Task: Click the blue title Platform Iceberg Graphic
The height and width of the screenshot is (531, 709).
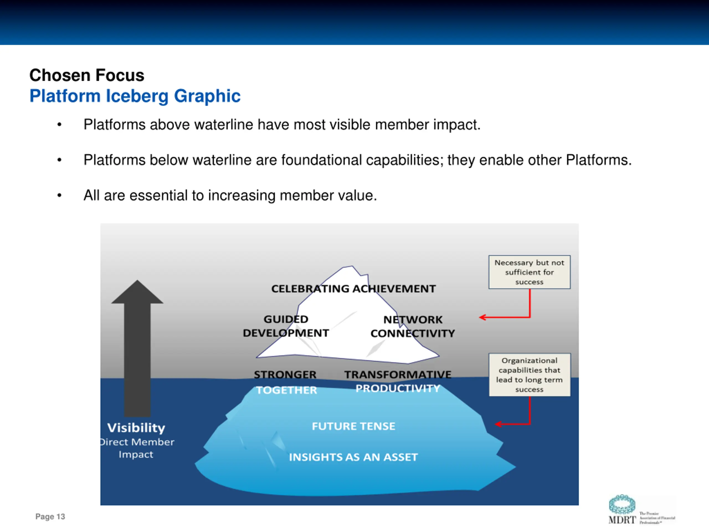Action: point(135,96)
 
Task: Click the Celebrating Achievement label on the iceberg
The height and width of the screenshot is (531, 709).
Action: point(353,289)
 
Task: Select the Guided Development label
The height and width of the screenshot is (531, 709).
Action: point(286,326)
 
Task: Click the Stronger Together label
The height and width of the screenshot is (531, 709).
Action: point(285,382)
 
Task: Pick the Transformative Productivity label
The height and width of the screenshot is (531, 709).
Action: point(398,381)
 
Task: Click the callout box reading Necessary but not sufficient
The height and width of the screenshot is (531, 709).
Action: point(529,272)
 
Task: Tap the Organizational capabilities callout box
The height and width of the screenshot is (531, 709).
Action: point(529,375)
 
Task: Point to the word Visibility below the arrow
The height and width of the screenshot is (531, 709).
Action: point(136,428)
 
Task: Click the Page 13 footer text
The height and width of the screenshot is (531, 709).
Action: point(50,517)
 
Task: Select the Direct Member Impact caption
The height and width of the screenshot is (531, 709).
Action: point(137,448)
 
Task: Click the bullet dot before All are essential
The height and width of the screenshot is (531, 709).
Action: point(59,195)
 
